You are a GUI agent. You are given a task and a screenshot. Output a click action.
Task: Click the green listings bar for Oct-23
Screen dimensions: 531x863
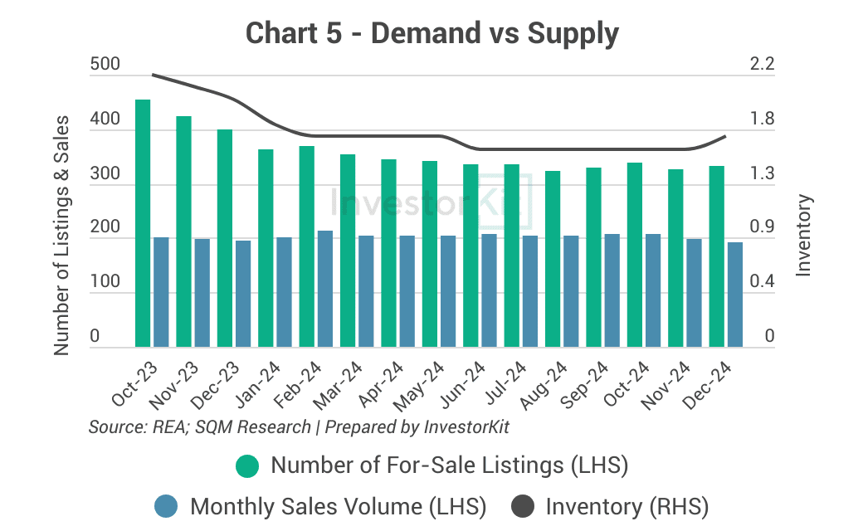click(x=143, y=223)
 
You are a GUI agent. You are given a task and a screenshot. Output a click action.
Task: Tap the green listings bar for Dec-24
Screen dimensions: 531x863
click(x=716, y=256)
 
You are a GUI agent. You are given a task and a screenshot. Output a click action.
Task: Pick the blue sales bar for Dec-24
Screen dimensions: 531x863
click(x=735, y=295)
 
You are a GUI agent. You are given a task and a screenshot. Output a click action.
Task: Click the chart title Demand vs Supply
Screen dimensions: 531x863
click(x=432, y=34)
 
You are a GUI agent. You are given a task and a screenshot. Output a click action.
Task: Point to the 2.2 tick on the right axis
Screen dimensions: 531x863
click(x=763, y=65)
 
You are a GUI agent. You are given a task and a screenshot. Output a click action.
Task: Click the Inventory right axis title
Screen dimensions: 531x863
click(x=803, y=235)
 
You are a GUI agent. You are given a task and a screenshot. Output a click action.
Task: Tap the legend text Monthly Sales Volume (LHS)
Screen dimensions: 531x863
click(x=339, y=505)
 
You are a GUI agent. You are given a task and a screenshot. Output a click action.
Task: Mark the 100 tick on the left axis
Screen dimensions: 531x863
click(x=105, y=282)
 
